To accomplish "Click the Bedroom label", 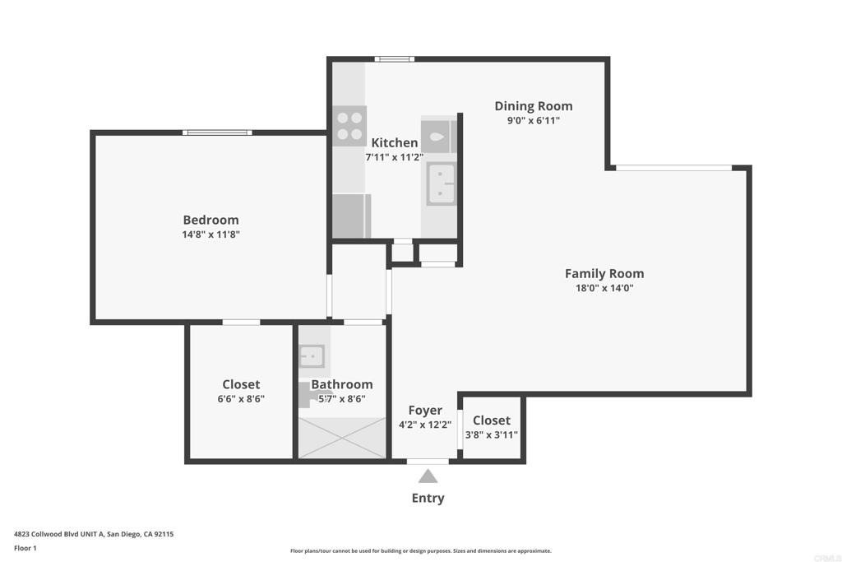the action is coord(210,220).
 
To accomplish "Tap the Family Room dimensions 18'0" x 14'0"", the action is coord(604,288).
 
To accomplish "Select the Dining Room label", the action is coord(533,106).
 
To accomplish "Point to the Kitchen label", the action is coord(394,142).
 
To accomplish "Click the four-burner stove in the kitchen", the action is coord(349,126).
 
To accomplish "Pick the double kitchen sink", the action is coord(442,183).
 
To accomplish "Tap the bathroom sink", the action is coord(312,356).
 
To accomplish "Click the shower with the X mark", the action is coord(342,438).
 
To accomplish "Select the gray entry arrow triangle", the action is coord(428,476).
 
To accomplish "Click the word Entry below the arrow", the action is coord(428,498).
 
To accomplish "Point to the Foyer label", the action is coord(425,411).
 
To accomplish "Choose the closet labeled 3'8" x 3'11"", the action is coord(492,428).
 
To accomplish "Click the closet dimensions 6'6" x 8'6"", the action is coord(241,399).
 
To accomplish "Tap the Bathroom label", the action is coord(342,384).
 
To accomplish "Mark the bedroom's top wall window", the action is coord(217,132).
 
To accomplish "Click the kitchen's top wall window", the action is coord(394,59).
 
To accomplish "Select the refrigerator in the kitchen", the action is coord(352,216).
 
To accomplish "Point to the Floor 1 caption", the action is coord(25,548).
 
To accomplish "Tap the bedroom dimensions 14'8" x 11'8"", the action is coord(211,235).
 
